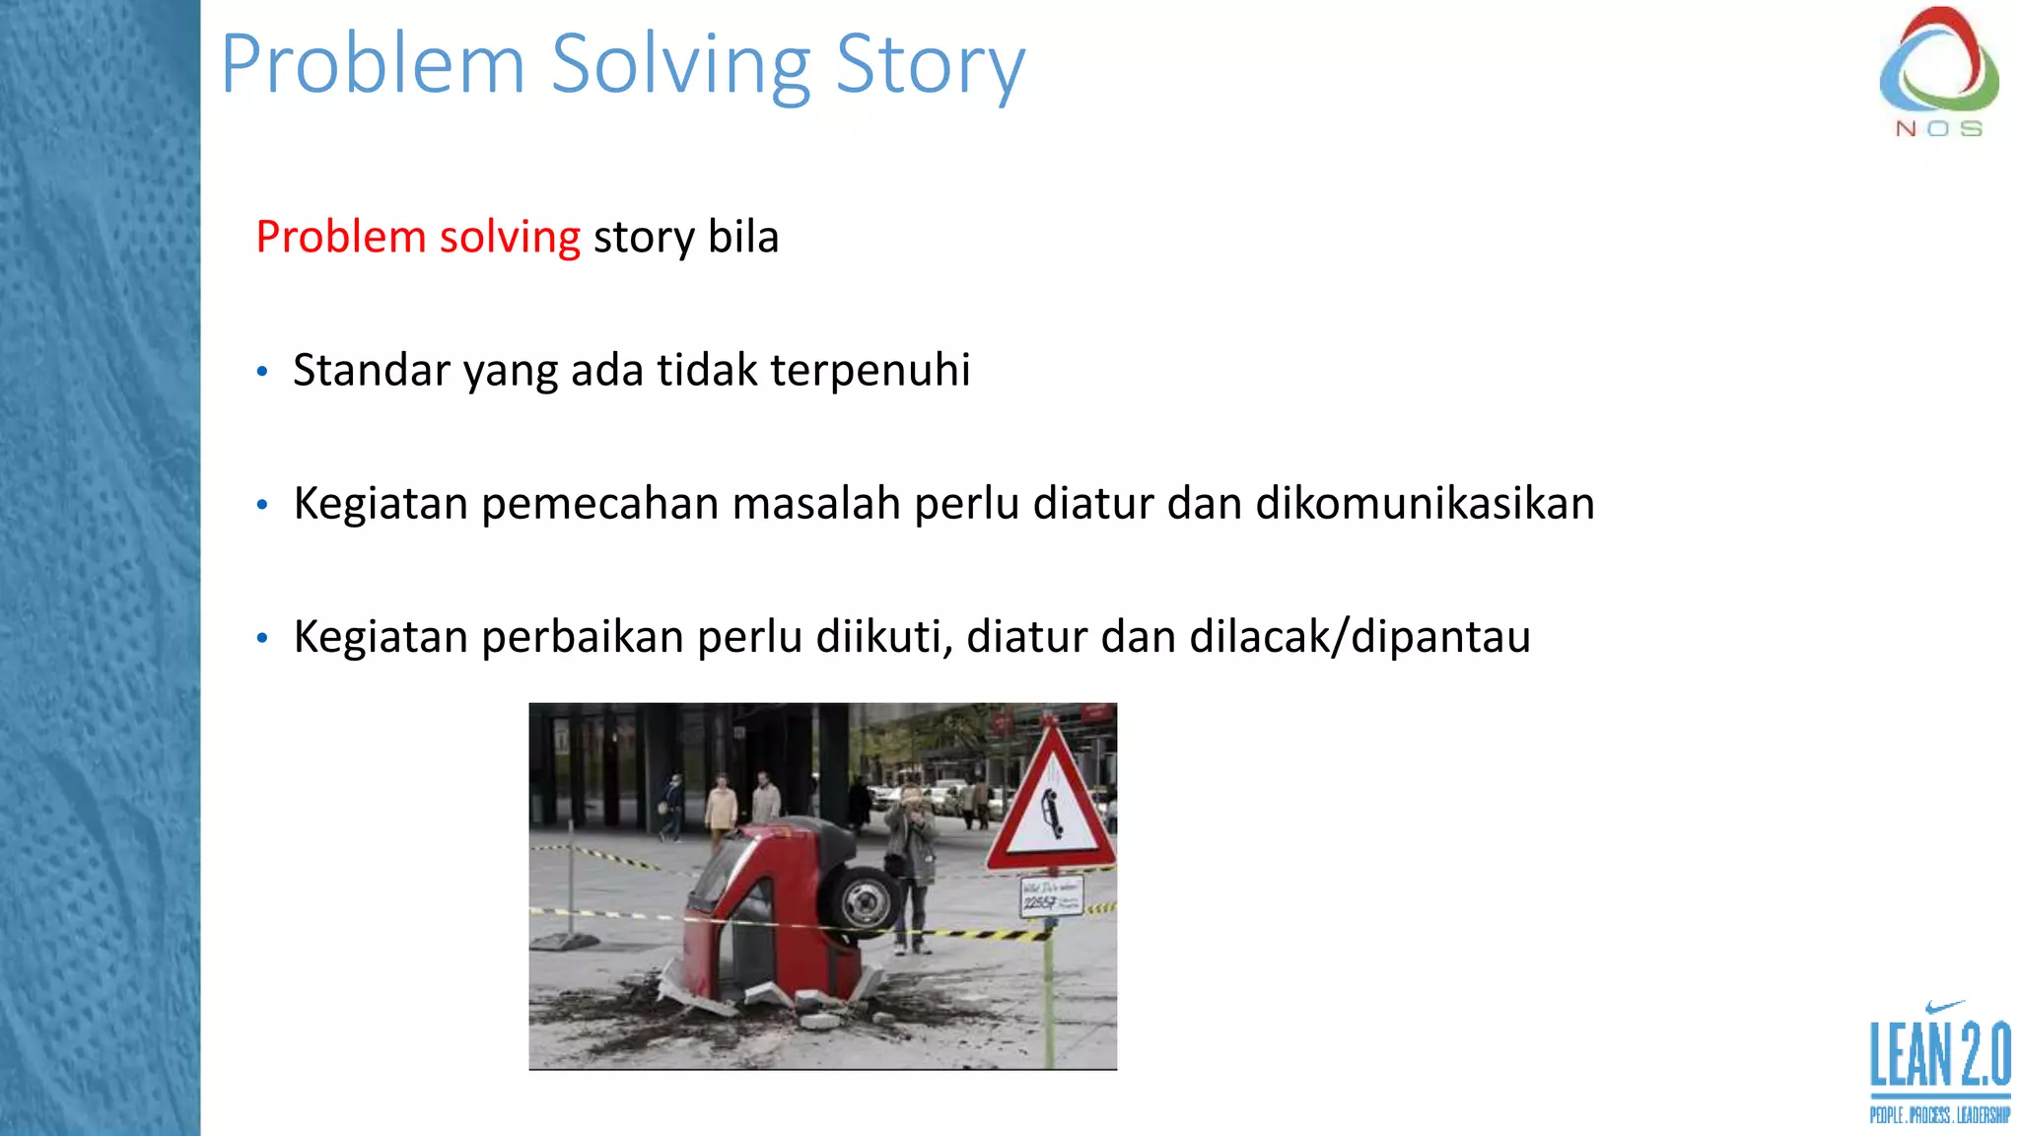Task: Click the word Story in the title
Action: pyautogui.click(x=930, y=64)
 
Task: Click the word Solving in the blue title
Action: pyautogui.click(x=679, y=64)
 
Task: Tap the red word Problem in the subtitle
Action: pyautogui.click(x=340, y=237)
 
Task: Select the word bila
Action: pyautogui.click(x=743, y=237)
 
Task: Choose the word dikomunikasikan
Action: pyautogui.click(x=1425, y=504)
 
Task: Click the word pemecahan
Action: pyautogui.click(x=600, y=504)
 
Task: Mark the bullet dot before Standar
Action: pyautogui.click(x=262, y=372)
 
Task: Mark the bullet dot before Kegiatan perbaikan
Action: pyautogui.click(x=262, y=638)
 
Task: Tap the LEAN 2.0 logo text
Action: pyautogui.click(x=1939, y=1055)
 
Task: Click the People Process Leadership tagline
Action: pyautogui.click(x=1939, y=1115)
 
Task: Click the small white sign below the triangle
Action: pyautogui.click(x=1051, y=896)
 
